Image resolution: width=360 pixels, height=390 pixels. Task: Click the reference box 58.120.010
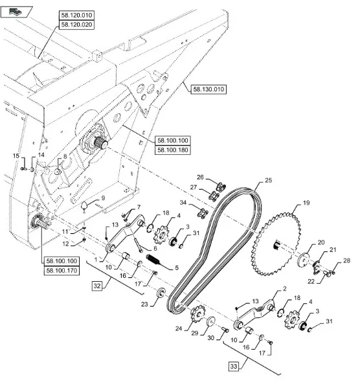[76, 15]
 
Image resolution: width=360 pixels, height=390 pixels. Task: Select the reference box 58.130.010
[208, 89]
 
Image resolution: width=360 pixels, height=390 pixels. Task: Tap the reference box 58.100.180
[173, 150]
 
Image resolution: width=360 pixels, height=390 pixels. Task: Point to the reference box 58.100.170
[62, 270]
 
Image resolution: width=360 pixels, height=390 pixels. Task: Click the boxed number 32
[97, 286]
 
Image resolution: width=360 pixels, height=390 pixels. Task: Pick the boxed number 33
[234, 366]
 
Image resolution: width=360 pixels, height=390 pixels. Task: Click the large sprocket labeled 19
[275, 244]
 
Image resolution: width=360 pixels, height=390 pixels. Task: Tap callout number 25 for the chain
[269, 180]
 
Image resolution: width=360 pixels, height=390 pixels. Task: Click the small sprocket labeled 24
[198, 314]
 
